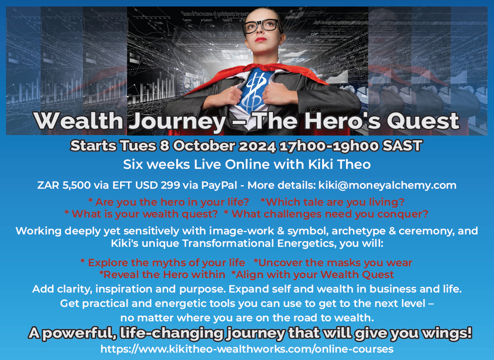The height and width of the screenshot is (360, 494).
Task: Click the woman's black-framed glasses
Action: [x=261, y=26]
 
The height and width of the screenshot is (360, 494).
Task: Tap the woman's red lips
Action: [x=261, y=40]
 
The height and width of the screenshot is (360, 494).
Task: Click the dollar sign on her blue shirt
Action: [x=254, y=90]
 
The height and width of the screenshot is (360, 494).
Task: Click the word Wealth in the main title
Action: [x=78, y=121]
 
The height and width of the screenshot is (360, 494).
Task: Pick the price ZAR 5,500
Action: [x=64, y=185]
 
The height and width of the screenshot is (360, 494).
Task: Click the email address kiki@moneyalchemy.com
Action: [x=387, y=185]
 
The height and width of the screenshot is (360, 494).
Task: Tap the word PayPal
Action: [x=219, y=185]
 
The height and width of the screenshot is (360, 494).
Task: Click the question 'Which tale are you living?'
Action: [x=333, y=202]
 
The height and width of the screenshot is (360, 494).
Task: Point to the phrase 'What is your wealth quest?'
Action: [x=141, y=214]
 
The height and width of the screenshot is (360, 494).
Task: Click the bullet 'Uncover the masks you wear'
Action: [x=333, y=263]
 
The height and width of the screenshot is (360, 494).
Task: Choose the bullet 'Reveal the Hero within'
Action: [x=162, y=275]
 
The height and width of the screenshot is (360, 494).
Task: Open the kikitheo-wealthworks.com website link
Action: [x=247, y=349]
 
